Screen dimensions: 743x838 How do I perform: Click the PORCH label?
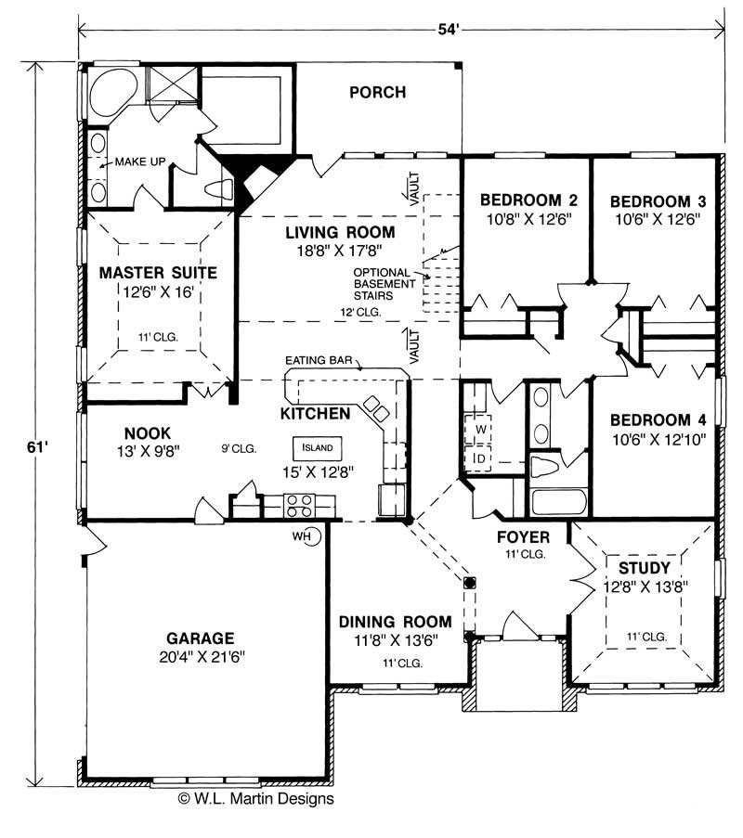[x=378, y=93]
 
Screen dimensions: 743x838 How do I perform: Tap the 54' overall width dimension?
[x=449, y=30]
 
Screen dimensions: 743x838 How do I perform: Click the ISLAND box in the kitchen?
[x=318, y=448]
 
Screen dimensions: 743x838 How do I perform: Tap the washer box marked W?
[x=477, y=429]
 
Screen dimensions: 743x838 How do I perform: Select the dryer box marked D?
[x=477, y=458]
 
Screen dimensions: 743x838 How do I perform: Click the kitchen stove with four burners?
[x=300, y=506]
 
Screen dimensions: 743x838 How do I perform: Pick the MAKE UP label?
[x=140, y=161]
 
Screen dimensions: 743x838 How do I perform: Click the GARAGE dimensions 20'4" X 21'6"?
[x=202, y=657]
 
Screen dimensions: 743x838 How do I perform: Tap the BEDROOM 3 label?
[x=658, y=201]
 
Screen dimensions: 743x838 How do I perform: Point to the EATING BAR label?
[x=319, y=360]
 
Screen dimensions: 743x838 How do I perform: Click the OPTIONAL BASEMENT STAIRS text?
[x=385, y=284]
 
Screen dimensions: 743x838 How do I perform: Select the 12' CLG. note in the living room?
[x=360, y=312]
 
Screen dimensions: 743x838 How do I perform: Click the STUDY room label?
[x=644, y=568]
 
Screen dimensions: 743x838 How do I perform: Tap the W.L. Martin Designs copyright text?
[x=255, y=798]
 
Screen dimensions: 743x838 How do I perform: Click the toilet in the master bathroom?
[x=219, y=188]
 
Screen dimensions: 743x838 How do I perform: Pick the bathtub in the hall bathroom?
[x=559, y=502]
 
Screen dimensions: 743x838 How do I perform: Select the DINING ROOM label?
[x=396, y=622]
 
